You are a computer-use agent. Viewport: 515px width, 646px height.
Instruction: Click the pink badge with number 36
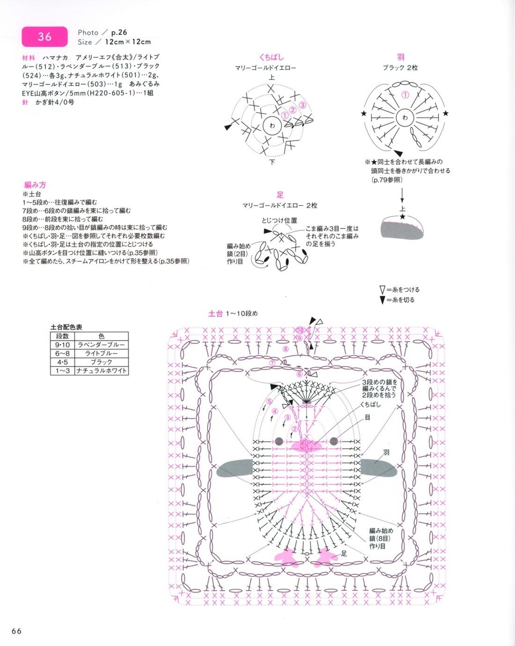click(x=44, y=36)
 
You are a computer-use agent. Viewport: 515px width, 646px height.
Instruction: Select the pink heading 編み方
click(x=35, y=185)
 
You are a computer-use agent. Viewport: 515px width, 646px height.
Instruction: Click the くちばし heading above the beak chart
click(x=272, y=57)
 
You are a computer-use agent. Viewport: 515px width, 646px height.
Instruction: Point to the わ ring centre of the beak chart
click(x=272, y=126)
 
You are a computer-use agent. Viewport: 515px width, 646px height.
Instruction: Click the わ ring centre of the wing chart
click(x=405, y=118)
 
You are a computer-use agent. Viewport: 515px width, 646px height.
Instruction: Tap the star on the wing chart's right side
click(x=445, y=113)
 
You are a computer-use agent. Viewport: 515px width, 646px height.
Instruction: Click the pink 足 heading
click(x=280, y=195)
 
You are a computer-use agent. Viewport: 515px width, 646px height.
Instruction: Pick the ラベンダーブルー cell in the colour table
click(x=101, y=345)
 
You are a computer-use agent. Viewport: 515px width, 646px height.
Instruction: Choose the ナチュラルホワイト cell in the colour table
click(x=101, y=370)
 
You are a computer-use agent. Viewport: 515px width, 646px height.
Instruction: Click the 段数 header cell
click(x=62, y=336)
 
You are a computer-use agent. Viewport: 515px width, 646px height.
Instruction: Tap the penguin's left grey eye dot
click(x=279, y=441)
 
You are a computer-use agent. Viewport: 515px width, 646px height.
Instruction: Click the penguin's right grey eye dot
click(x=333, y=441)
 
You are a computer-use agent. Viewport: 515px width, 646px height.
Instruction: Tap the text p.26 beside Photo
click(x=119, y=32)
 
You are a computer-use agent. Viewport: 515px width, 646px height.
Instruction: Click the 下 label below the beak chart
click(x=272, y=162)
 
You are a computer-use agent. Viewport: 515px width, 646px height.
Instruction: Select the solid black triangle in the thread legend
click(x=383, y=300)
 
